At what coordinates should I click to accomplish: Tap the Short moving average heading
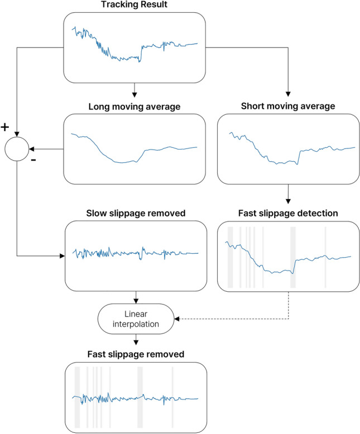pyautogui.click(x=287, y=105)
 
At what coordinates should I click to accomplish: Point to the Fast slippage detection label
pyautogui.click(x=287, y=213)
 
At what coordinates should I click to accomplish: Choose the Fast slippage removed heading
pyautogui.click(x=135, y=354)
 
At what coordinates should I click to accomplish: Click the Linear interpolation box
pyautogui.click(x=135, y=319)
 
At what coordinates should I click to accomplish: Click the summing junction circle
pyautogui.click(x=17, y=150)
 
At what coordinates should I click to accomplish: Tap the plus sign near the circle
pyautogui.click(x=5, y=128)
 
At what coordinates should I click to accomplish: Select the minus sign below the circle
pyautogui.click(x=35, y=161)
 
